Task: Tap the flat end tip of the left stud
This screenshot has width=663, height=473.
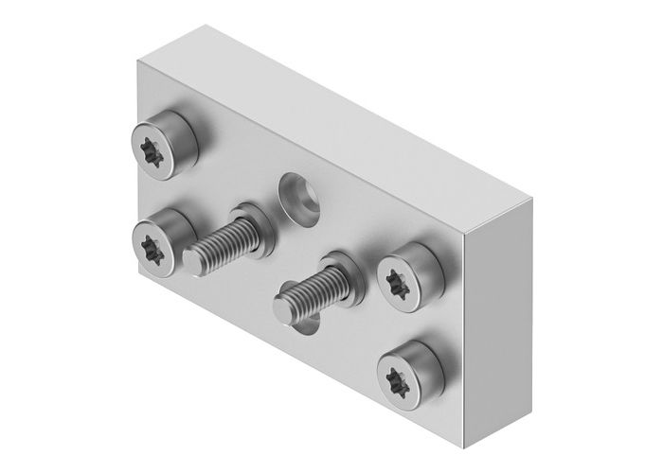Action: click(192, 258)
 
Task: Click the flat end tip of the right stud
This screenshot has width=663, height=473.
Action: click(282, 307)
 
